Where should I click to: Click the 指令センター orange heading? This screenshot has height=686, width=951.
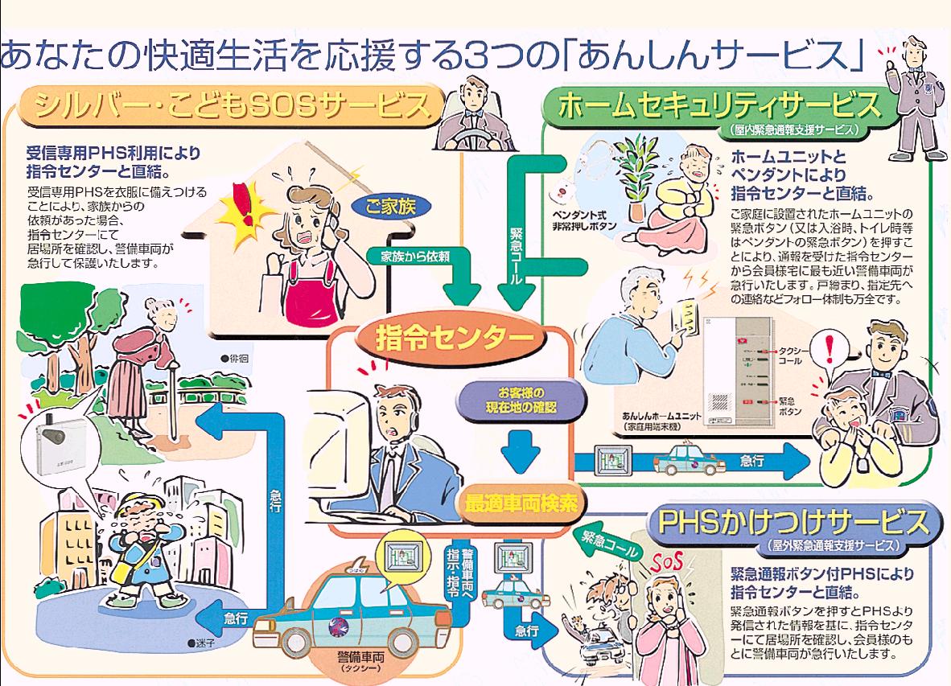[x=446, y=339]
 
